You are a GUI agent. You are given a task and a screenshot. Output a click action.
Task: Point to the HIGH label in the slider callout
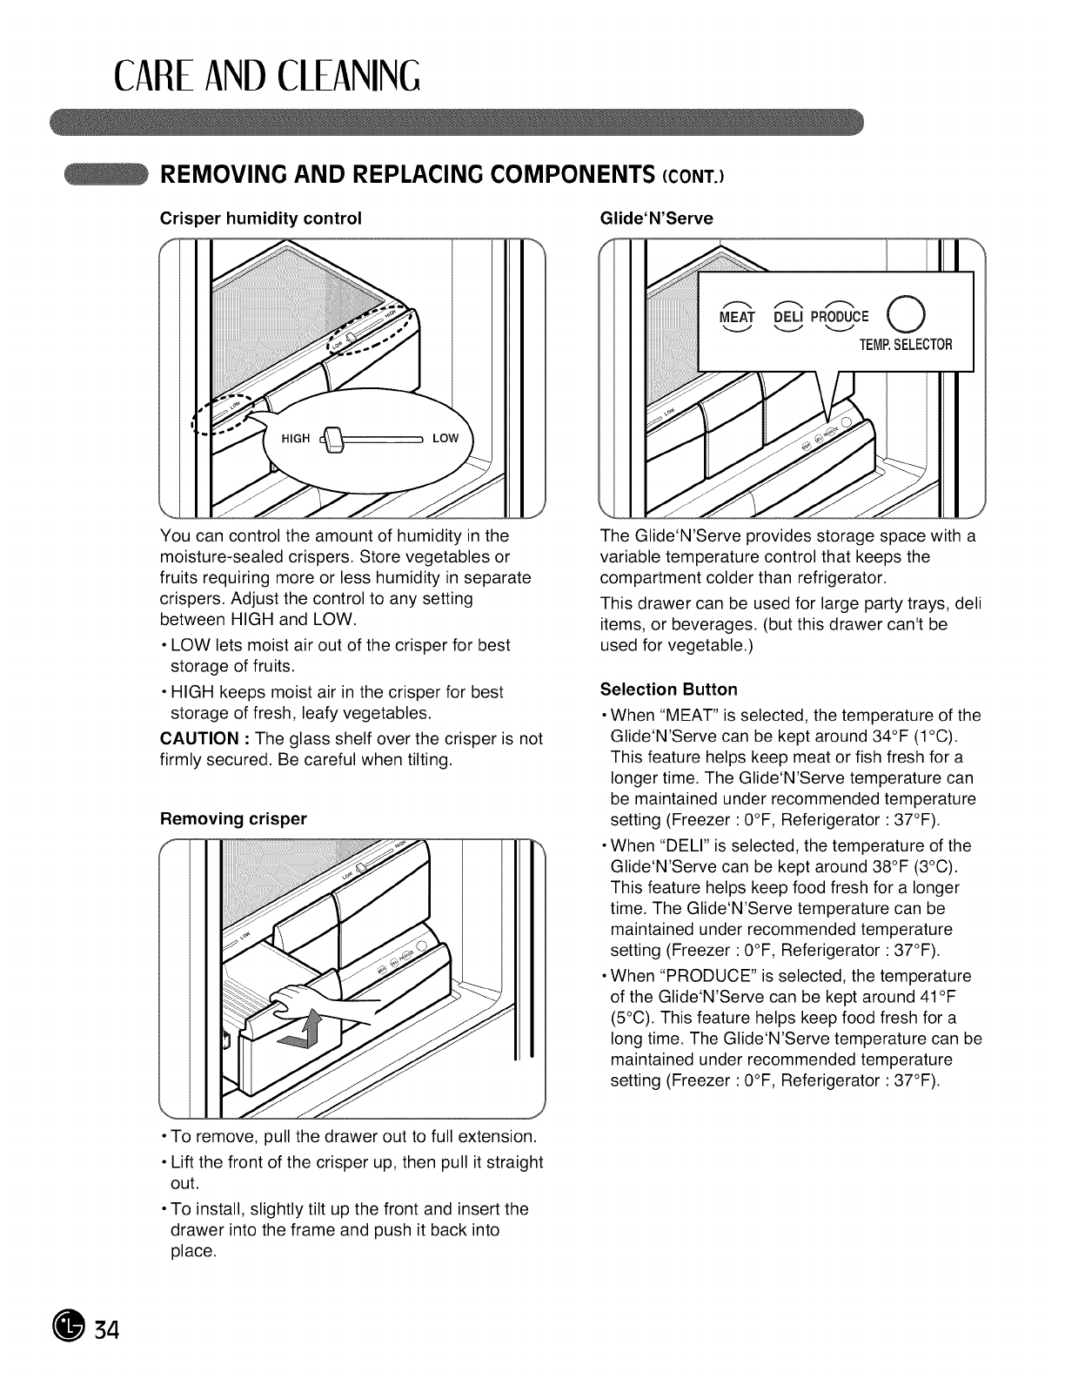point(296,438)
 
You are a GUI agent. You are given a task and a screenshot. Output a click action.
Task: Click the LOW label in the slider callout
point(445,438)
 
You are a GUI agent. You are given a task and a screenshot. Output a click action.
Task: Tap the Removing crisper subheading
point(234,819)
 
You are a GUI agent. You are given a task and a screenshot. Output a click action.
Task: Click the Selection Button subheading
point(668,689)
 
